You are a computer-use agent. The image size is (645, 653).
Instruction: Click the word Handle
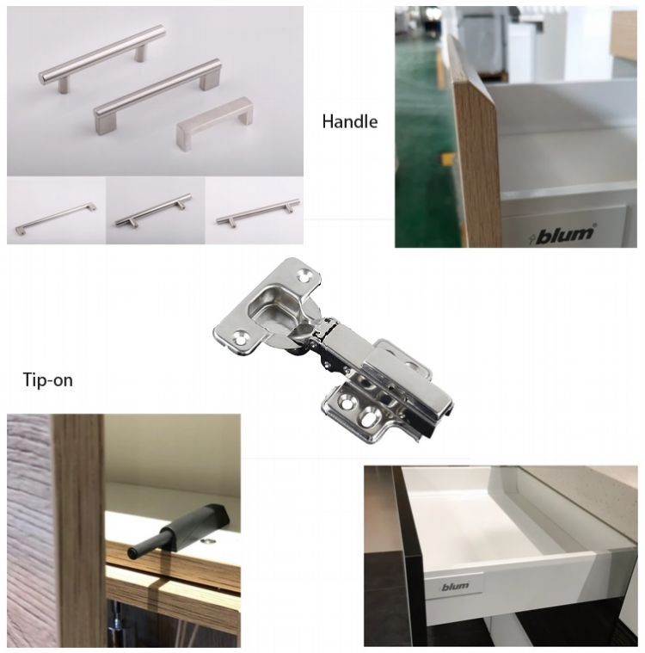point(350,121)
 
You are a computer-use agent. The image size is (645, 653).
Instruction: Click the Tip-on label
point(47,379)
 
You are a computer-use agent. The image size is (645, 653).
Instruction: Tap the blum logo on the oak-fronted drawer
point(563,234)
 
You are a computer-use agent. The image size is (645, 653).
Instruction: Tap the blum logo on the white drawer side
point(455,587)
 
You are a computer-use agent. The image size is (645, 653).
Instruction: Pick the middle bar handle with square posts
point(157,96)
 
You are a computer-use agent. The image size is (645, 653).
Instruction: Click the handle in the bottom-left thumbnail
point(55,219)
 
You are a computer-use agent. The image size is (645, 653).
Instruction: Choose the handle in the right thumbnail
point(258,213)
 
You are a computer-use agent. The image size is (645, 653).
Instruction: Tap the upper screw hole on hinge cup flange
point(305,275)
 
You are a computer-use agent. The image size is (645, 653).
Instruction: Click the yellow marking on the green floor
point(447,158)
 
